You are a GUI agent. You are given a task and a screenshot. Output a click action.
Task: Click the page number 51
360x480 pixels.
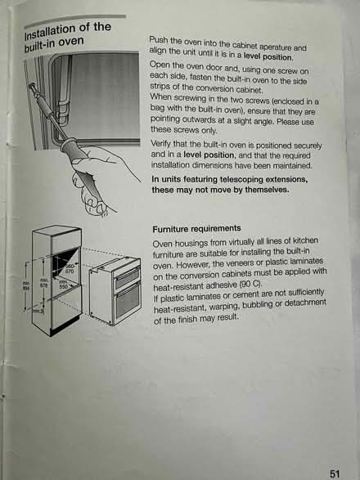tap(335, 473)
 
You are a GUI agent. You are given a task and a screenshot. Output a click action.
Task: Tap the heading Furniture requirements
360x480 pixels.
tap(196, 228)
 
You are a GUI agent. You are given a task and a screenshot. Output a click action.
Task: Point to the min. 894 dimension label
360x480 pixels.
tap(25, 287)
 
